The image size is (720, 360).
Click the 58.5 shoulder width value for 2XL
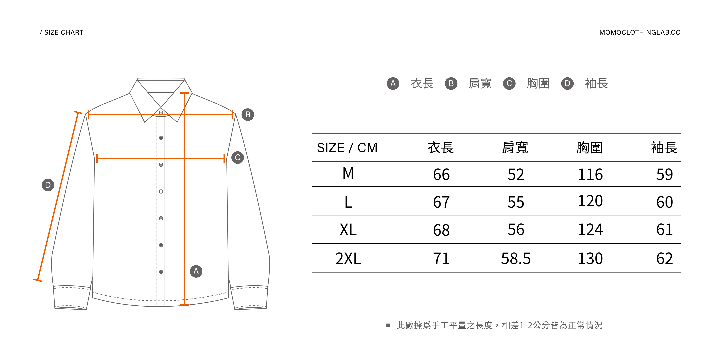516,258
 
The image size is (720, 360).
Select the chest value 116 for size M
590,174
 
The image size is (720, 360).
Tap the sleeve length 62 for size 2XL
664,258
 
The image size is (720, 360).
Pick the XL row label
348,230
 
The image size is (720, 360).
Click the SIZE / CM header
347,148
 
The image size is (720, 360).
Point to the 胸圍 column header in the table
590,148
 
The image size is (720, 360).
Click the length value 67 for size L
441,202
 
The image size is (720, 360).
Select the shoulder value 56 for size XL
516,230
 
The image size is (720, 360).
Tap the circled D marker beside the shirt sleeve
48,185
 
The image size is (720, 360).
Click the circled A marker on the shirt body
196,271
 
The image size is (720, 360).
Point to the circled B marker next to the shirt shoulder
248,115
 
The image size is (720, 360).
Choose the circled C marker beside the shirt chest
238,157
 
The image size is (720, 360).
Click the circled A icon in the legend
393,83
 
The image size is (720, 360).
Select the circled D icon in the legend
567,83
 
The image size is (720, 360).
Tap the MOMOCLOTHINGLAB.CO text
640,32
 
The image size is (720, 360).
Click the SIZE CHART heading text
63,32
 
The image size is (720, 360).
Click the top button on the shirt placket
161,113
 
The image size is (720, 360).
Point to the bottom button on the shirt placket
161,272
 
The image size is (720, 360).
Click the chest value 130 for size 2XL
590,258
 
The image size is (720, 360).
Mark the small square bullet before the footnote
388,325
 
